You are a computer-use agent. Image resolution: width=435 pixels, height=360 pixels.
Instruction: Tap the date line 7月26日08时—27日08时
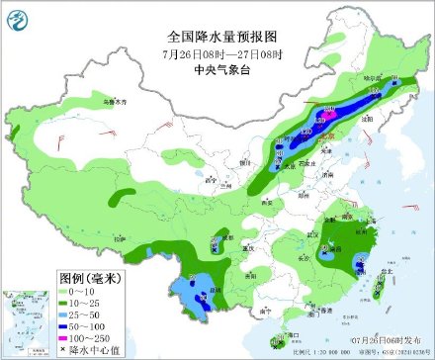pyautogui.click(x=217, y=53)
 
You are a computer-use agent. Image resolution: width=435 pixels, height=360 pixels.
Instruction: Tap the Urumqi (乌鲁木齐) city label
pyautogui.click(x=116, y=102)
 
